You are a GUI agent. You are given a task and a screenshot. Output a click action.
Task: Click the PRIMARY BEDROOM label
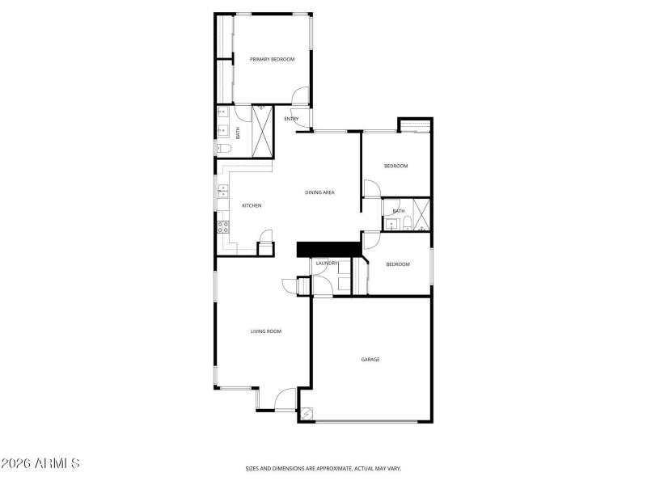pyautogui.click(x=272, y=59)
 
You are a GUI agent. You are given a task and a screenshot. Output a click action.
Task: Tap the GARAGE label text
pyautogui.click(x=370, y=359)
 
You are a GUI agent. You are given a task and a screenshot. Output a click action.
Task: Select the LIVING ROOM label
pyautogui.click(x=265, y=331)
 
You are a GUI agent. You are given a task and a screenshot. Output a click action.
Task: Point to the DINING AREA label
pyautogui.click(x=319, y=192)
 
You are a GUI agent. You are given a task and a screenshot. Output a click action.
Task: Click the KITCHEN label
pyautogui.click(x=252, y=205)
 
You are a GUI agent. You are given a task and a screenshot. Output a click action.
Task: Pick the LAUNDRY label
pyautogui.click(x=327, y=264)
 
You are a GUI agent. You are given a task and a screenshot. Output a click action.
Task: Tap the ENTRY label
pyautogui.click(x=291, y=119)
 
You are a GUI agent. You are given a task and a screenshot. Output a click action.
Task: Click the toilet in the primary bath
pyautogui.click(x=224, y=148)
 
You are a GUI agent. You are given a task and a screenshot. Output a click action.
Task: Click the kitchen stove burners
pyautogui.click(x=222, y=227)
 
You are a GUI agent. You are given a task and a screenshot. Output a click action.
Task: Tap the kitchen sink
pyautogui.click(x=222, y=192)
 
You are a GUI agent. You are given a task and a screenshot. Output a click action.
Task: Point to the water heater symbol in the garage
pyautogui.click(x=307, y=414)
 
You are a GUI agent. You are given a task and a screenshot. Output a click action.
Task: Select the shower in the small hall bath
pyautogui.click(x=421, y=214)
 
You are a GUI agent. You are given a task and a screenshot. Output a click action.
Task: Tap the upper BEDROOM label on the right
pyautogui.click(x=395, y=166)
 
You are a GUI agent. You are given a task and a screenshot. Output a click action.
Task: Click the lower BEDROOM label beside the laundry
pyautogui.click(x=397, y=264)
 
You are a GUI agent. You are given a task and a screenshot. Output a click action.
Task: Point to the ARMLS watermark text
pyautogui.click(x=40, y=464)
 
